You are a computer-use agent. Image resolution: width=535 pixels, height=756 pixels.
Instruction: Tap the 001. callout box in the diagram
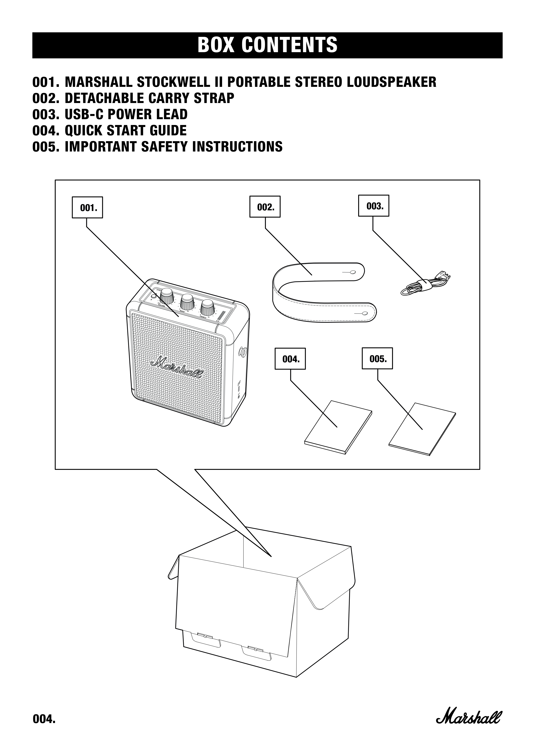87,208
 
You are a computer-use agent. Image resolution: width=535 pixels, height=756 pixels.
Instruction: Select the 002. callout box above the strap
265,207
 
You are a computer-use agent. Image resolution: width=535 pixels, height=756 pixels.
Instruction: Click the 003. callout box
373,206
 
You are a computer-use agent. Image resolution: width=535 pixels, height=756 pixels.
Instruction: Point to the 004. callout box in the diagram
290,359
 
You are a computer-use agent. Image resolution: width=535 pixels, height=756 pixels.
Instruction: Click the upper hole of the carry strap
353,272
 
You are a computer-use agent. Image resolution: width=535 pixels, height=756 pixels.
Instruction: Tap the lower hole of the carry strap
365,313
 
